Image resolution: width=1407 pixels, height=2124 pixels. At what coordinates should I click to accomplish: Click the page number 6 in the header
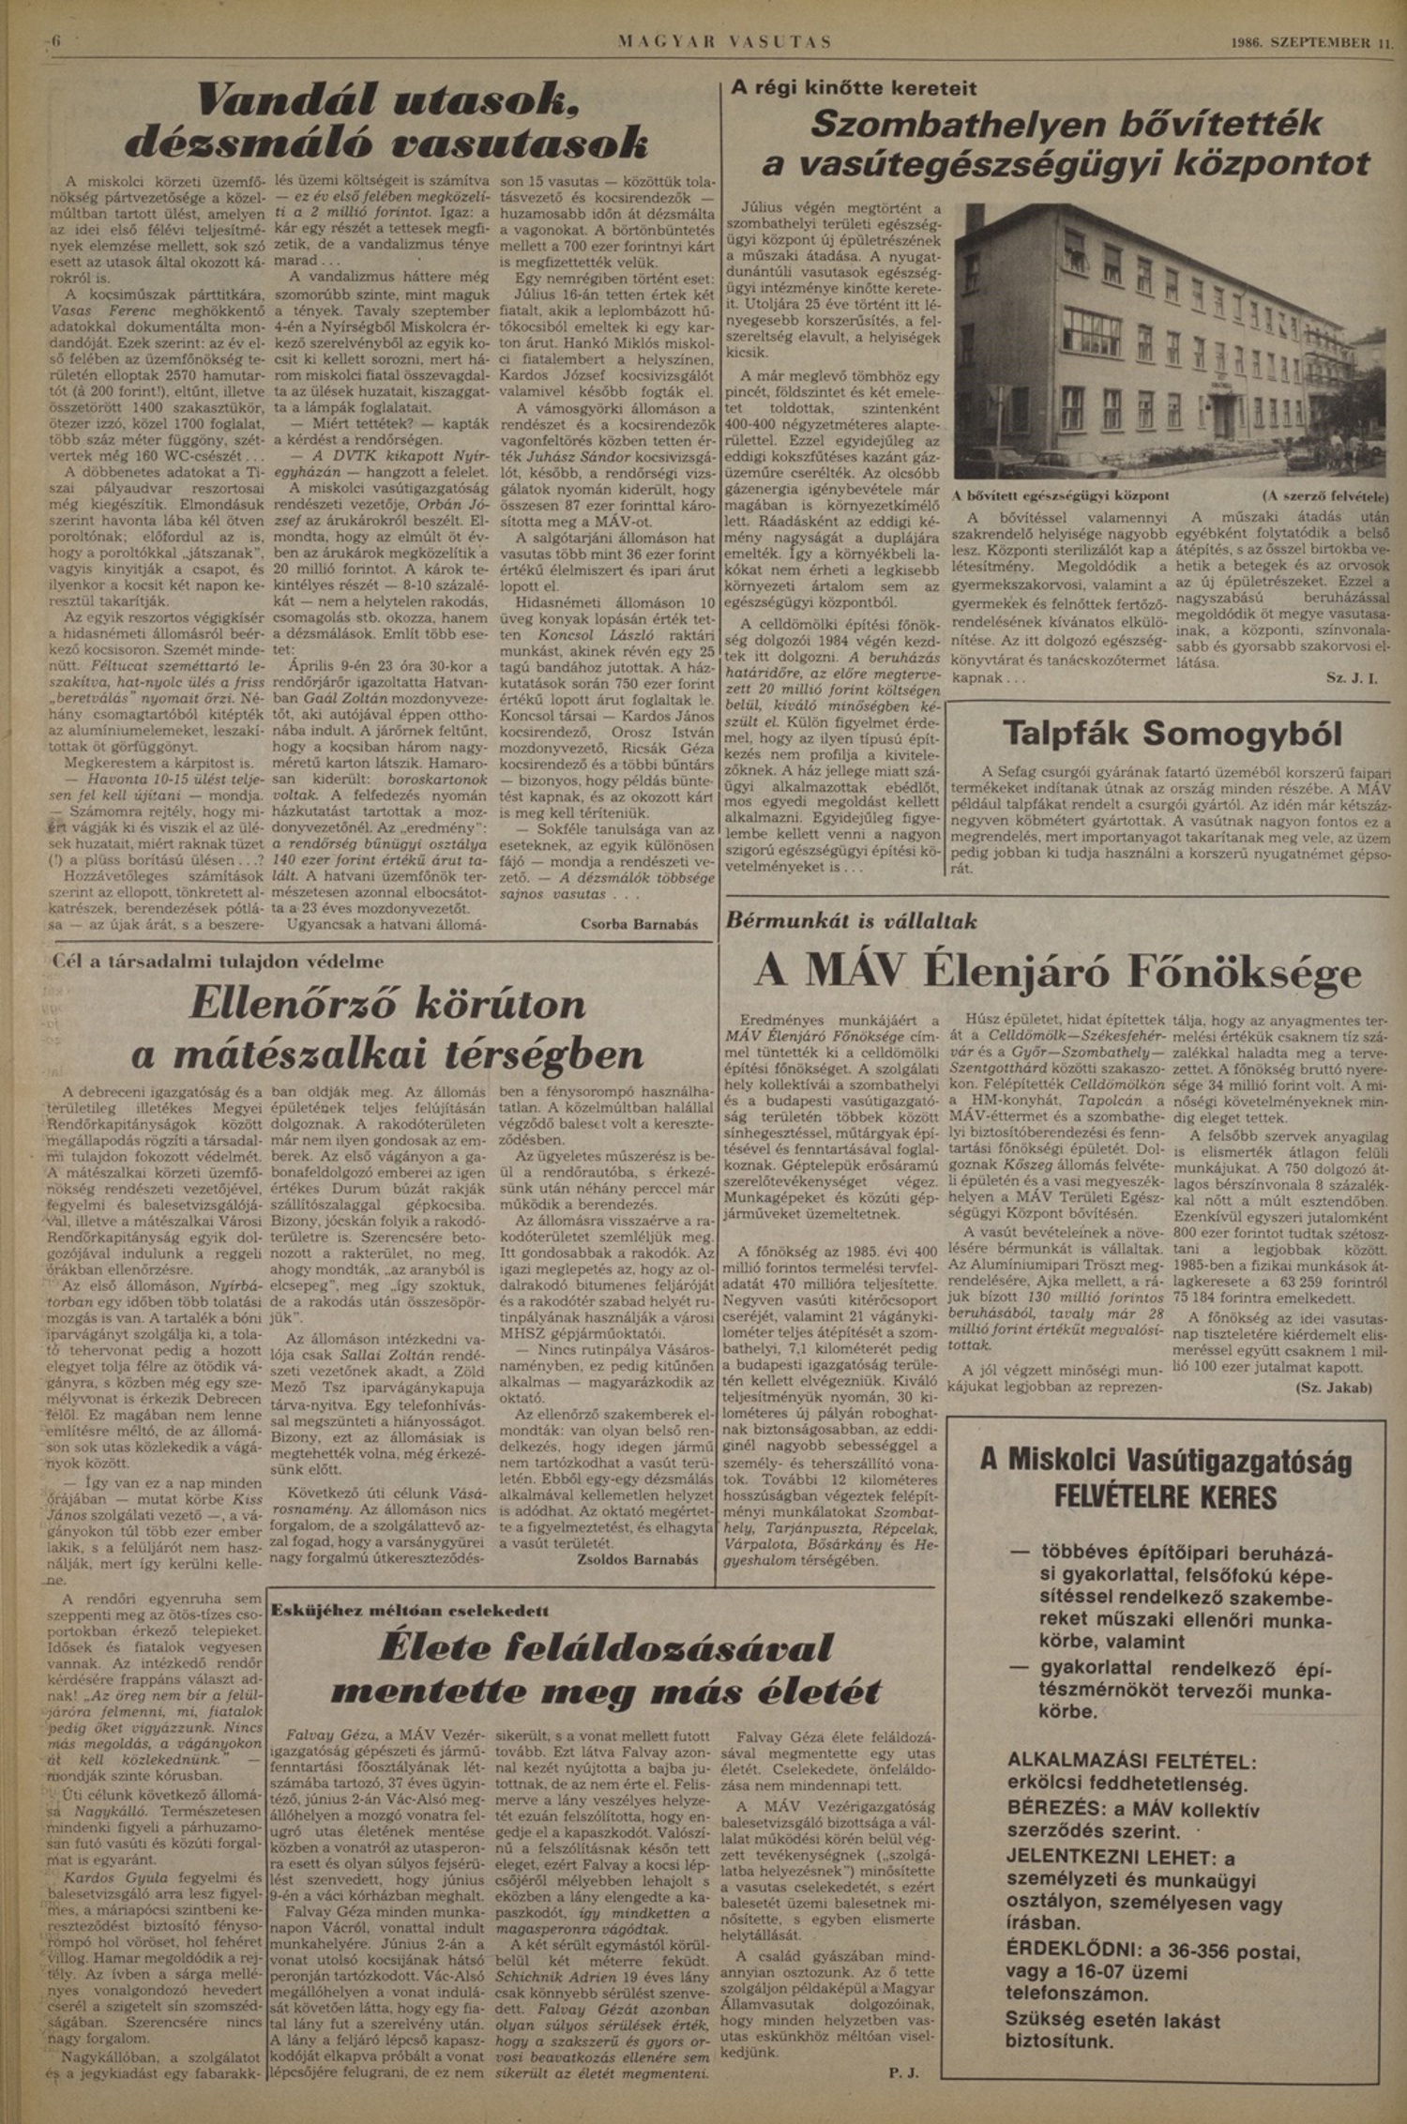[x=55, y=41]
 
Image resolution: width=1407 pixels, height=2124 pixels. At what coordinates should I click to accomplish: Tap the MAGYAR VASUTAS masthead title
[x=724, y=42]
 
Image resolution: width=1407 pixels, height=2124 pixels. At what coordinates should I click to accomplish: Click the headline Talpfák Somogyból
[x=1172, y=733]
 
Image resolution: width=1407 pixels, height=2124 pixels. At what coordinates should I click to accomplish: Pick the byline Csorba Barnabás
[x=639, y=924]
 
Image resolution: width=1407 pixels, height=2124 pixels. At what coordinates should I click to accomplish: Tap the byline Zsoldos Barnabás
[x=639, y=1559]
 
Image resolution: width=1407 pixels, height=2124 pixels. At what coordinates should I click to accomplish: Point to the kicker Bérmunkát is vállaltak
[x=851, y=920]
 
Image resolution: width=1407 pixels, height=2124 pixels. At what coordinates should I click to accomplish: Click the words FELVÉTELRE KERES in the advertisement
[x=1166, y=1495]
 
